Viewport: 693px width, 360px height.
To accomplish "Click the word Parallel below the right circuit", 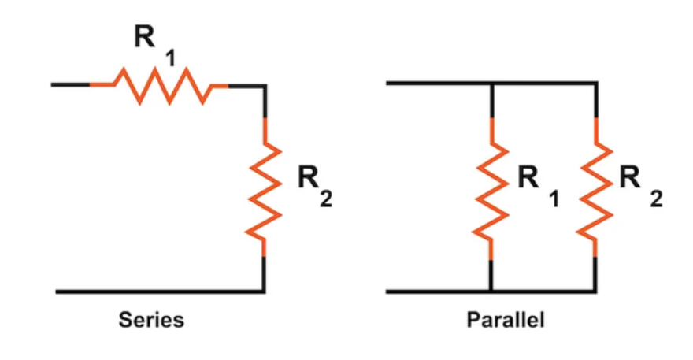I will (x=506, y=321).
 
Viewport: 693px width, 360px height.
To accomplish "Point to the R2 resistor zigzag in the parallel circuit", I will (x=595, y=190).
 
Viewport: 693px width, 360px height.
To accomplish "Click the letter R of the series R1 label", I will (x=144, y=35).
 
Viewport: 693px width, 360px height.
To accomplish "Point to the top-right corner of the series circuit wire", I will (x=264, y=84).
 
